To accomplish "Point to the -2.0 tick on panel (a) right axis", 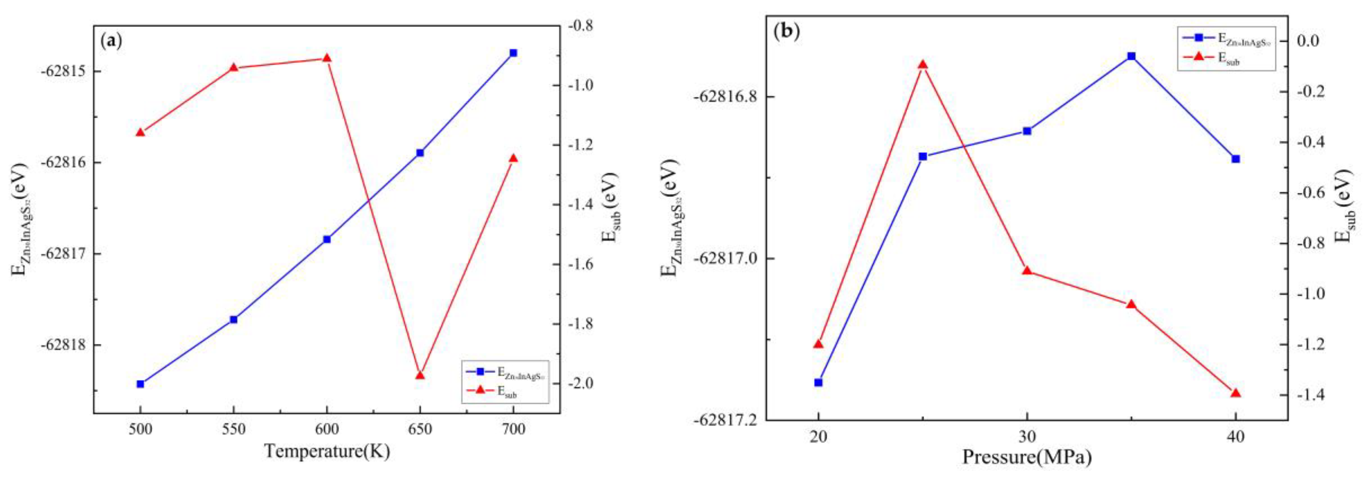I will tap(582, 383).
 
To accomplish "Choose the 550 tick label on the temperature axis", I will tap(233, 429).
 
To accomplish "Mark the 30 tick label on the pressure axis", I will tap(1026, 437).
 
